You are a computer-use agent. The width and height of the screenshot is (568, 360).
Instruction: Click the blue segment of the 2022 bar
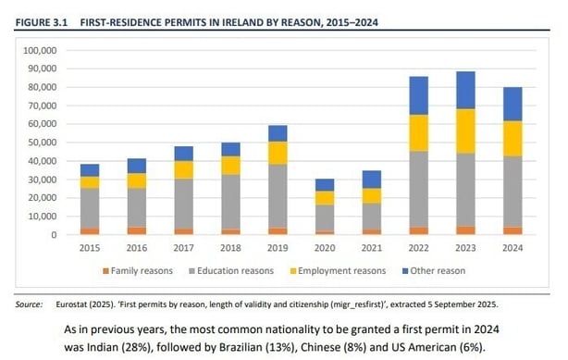pyautogui.click(x=418, y=95)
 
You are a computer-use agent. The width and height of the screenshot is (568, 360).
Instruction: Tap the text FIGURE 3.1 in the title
pyautogui.click(x=43, y=19)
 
